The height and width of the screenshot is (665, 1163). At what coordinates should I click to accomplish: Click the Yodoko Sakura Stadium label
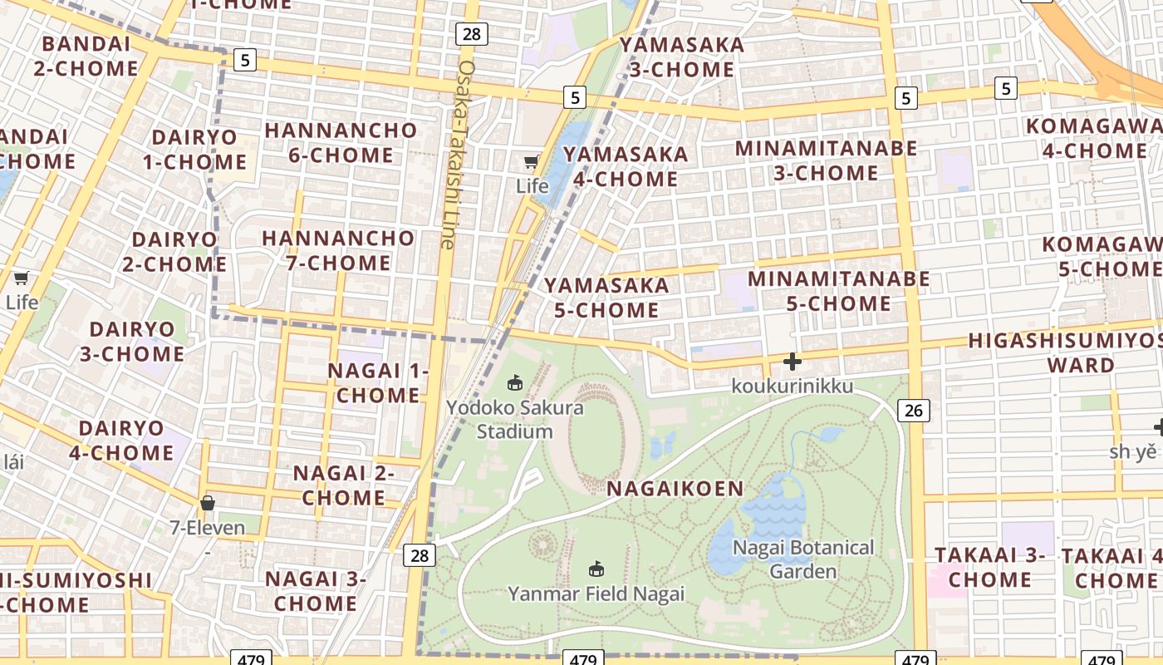click(x=515, y=420)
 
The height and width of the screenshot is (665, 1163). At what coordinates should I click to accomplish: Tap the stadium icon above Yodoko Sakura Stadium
click(x=515, y=383)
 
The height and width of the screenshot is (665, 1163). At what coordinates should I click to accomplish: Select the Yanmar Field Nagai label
click(x=596, y=594)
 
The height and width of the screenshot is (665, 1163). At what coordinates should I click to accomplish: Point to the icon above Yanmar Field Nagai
click(x=596, y=569)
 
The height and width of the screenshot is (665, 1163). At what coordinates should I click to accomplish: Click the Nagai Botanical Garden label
click(x=802, y=559)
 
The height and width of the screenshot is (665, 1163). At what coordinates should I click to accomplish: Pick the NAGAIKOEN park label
click(x=675, y=488)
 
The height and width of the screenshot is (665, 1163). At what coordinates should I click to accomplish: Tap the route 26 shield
click(x=914, y=410)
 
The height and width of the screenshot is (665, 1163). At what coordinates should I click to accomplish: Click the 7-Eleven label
click(x=208, y=527)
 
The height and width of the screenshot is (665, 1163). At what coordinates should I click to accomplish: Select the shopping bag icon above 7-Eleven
click(x=208, y=503)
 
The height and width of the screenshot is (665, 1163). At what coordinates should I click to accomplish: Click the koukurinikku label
click(x=792, y=386)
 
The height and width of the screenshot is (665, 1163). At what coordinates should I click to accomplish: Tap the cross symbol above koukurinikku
click(x=793, y=362)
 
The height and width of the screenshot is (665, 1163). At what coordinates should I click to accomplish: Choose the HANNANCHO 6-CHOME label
click(x=341, y=142)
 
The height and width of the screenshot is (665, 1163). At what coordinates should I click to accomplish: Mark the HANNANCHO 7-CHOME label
click(x=338, y=250)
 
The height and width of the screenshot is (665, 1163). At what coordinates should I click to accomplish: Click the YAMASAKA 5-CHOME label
click(x=606, y=298)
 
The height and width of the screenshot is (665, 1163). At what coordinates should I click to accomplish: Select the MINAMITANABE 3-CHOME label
click(x=827, y=160)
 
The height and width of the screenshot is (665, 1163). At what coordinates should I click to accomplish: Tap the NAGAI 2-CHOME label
click(x=343, y=485)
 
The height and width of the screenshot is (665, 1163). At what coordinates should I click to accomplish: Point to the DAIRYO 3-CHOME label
click(x=132, y=342)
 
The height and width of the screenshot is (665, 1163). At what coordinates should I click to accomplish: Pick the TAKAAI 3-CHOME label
click(x=989, y=567)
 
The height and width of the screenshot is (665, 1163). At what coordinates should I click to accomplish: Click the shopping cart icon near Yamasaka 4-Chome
click(x=531, y=161)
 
